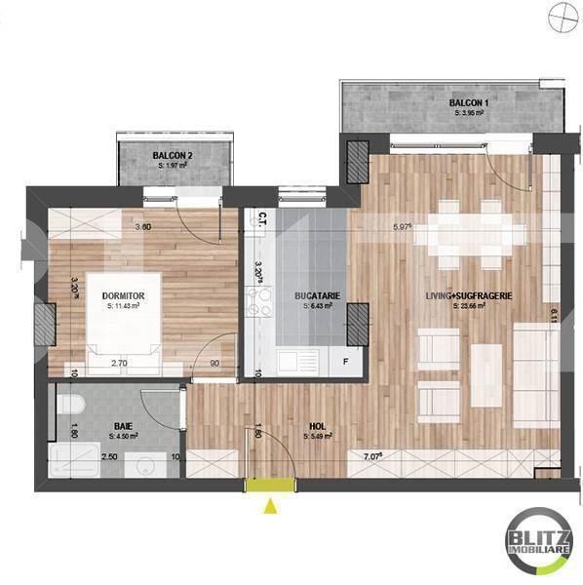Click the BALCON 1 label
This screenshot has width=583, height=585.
click(x=469, y=102)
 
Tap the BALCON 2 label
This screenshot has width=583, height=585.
click(x=173, y=156)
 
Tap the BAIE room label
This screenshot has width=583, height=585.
click(x=124, y=426)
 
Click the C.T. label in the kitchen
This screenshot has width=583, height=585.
click(x=263, y=219)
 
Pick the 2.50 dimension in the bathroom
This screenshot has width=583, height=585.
click(x=110, y=456)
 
